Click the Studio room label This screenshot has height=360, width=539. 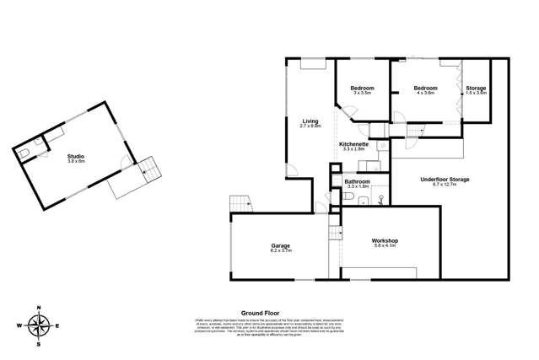(x=77, y=156)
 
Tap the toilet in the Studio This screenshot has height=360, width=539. (x=26, y=152)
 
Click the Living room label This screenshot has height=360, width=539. (x=311, y=121)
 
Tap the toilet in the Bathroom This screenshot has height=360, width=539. (x=348, y=196)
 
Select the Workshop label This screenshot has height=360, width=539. (x=385, y=241)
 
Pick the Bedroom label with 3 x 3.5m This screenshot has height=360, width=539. (x=363, y=88)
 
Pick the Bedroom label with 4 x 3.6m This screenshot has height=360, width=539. (x=424, y=88)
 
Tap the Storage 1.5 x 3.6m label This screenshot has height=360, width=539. (x=476, y=88)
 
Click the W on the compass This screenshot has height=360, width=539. (x=19, y=325)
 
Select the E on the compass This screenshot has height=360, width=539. (x=57, y=325)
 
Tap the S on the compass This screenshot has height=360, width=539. (x=38, y=344)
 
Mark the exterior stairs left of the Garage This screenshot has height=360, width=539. (x=240, y=203)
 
